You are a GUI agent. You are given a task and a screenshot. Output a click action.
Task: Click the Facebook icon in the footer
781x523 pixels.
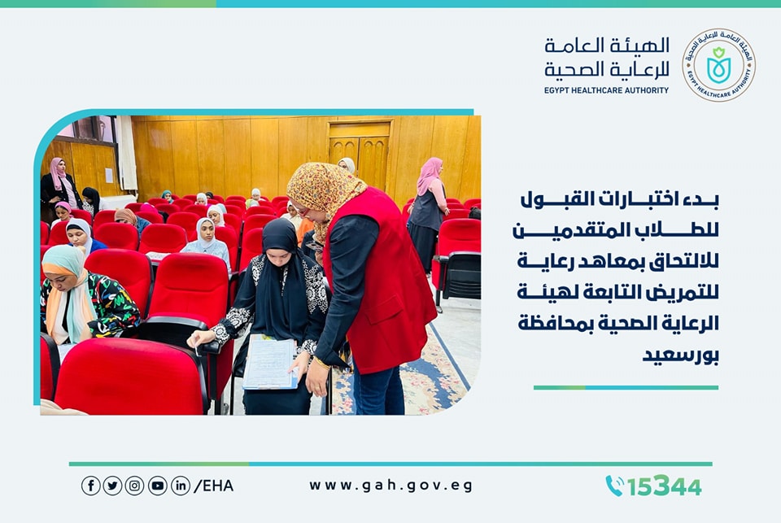pyautogui.click(x=90, y=486)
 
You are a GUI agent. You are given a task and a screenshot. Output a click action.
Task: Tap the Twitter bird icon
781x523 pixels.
pyautogui.click(x=112, y=486)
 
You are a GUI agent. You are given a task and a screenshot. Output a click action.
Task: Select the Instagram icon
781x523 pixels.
pyautogui.click(x=134, y=486)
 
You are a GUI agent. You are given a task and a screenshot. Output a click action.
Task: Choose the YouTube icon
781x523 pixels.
pyautogui.click(x=157, y=486)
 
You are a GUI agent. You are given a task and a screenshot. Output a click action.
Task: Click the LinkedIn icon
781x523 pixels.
pyautogui.click(x=181, y=486)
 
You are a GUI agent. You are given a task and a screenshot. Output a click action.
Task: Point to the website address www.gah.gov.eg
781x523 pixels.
pyautogui.click(x=391, y=486)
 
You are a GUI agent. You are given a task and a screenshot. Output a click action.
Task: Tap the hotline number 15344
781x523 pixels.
pyautogui.click(x=665, y=486)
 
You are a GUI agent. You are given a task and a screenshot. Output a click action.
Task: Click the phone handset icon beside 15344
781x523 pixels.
pyautogui.click(x=615, y=486)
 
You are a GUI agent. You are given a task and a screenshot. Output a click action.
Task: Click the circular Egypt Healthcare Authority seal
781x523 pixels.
pyautogui.click(x=718, y=65)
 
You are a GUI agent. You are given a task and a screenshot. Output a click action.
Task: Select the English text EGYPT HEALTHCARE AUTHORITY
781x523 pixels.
pyautogui.click(x=606, y=90)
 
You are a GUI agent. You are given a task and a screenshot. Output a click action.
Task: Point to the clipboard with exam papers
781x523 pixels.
pyautogui.click(x=270, y=362)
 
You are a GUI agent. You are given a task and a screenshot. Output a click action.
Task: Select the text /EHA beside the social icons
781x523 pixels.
pyautogui.click(x=213, y=486)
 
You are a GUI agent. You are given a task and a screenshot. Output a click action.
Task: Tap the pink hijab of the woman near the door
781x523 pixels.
pyautogui.click(x=429, y=174)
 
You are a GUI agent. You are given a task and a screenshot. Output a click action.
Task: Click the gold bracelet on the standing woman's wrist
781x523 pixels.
pyautogui.click(x=322, y=363)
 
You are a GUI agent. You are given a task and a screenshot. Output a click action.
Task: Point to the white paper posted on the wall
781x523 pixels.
pyautogui.click(x=108, y=176)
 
